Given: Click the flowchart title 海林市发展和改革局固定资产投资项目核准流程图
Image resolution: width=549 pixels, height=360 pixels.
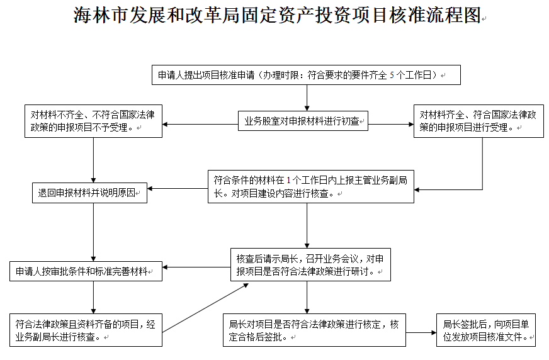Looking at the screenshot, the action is [x=277, y=15].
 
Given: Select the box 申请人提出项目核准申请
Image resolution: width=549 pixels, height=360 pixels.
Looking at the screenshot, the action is [x=306, y=75].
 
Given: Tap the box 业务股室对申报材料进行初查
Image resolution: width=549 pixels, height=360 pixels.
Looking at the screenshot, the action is [x=303, y=121].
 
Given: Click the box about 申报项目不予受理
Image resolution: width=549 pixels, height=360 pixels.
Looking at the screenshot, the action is [x=93, y=121].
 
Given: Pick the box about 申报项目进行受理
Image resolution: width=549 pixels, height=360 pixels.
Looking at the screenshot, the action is [x=478, y=121].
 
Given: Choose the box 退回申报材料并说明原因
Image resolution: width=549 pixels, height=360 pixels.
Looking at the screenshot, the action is [x=89, y=193].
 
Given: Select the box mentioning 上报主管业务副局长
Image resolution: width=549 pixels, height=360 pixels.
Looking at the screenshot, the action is [x=311, y=186].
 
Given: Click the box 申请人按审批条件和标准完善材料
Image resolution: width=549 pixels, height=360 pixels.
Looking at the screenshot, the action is [x=86, y=271].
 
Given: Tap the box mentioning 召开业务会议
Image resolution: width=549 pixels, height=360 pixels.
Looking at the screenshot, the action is [x=310, y=265].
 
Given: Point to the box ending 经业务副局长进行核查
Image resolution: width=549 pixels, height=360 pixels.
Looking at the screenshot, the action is [x=86, y=330].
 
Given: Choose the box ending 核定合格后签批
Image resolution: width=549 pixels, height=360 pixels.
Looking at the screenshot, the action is [x=314, y=330].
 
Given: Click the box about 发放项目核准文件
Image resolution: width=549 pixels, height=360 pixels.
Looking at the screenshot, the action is [x=486, y=330].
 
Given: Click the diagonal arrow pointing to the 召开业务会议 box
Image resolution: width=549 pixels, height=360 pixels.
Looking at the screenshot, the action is [x=205, y=308].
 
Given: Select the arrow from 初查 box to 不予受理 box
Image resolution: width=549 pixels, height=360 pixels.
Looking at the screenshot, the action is [x=200, y=124].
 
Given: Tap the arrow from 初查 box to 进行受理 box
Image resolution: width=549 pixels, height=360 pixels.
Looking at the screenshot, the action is [x=391, y=124].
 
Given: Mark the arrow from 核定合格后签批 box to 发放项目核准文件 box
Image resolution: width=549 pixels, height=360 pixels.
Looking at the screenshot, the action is [x=421, y=333].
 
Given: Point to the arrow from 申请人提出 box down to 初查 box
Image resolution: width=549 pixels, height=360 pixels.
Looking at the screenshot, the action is [x=307, y=98].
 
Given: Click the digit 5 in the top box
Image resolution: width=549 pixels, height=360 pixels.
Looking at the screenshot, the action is [x=392, y=76].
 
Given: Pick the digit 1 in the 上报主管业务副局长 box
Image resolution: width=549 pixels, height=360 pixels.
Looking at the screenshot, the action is [x=288, y=181].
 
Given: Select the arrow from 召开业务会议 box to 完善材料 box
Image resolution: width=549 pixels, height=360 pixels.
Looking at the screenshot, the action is [x=196, y=267].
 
